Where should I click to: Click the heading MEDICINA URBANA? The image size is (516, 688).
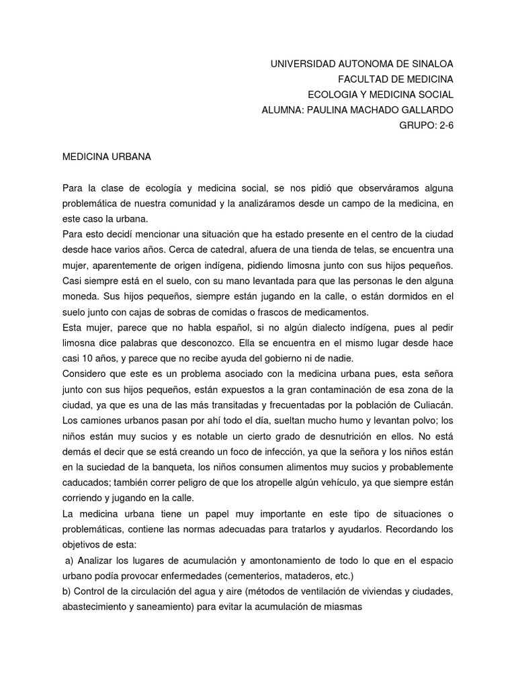click(x=107, y=157)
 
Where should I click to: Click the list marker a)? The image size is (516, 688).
click(x=69, y=560)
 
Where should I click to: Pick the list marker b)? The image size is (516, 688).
click(x=66, y=591)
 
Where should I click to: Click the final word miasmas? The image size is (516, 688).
click(x=342, y=607)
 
